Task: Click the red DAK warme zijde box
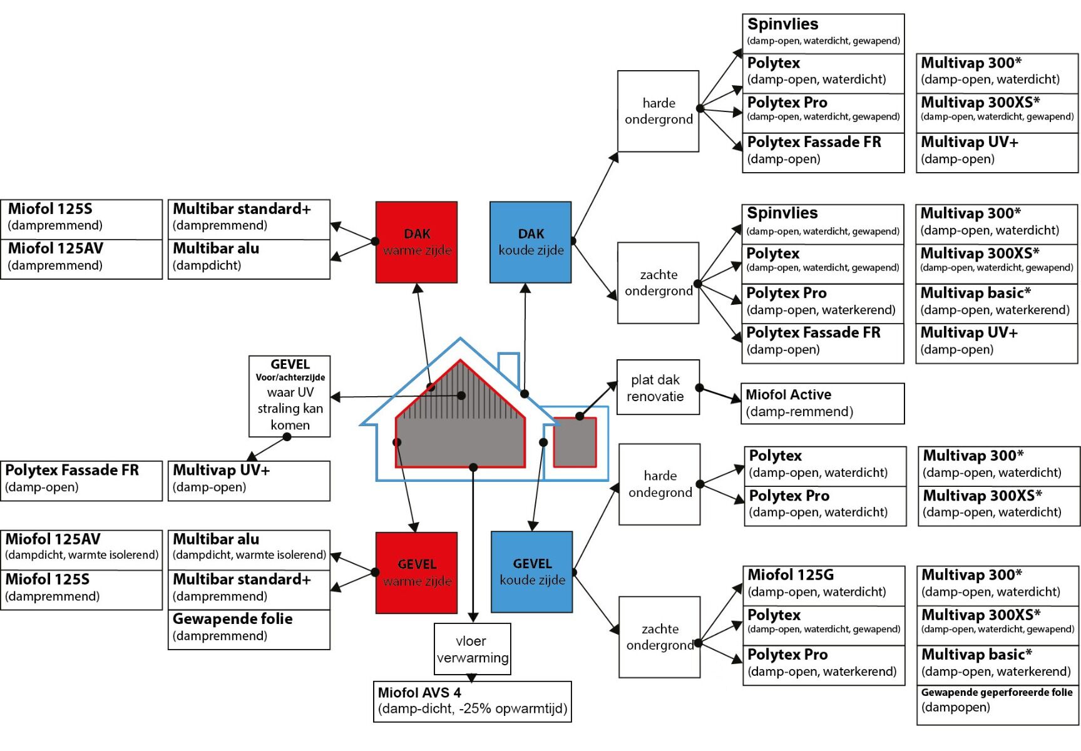[x=416, y=242]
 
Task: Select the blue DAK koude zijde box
[x=530, y=242]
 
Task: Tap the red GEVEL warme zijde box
[x=416, y=573]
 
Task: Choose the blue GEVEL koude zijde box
[x=531, y=572]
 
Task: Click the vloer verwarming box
[x=472, y=649]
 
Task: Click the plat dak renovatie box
[x=657, y=387]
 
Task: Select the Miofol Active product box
[x=822, y=403]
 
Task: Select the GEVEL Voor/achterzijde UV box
[x=289, y=396]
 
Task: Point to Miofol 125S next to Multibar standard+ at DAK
[x=81, y=217]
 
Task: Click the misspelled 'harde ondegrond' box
[x=659, y=484]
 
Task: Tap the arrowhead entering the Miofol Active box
[x=736, y=399]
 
